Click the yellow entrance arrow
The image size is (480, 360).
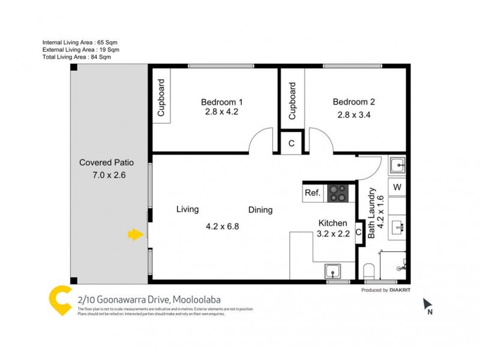point(136,235)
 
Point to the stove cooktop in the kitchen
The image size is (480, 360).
point(337,193)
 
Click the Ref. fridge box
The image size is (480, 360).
point(313,193)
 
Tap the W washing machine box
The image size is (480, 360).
point(397,187)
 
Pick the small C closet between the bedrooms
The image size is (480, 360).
point(292,143)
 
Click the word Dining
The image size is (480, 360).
point(261,210)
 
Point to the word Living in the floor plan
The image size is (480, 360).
point(187,209)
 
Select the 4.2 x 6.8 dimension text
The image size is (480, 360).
point(223,227)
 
